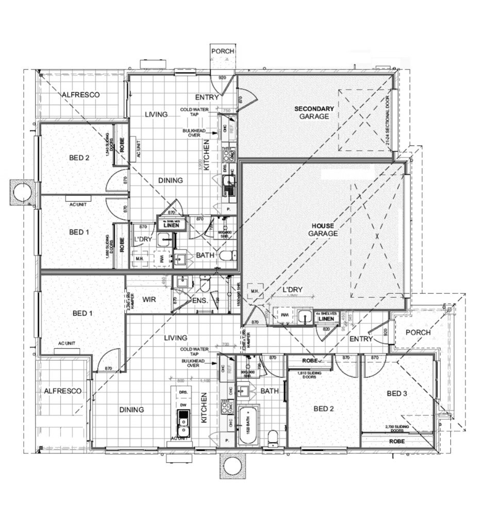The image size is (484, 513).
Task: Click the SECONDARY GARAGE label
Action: click(x=314, y=113)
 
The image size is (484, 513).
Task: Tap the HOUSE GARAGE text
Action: click(x=323, y=230)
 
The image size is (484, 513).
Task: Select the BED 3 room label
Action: click(x=397, y=394)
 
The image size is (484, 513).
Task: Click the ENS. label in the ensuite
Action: click(x=200, y=300)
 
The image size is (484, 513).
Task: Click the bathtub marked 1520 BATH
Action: click(x=248, y=426)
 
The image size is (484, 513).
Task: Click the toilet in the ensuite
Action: click(x=205, y=284)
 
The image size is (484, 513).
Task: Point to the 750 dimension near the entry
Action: click(x=225, y=110)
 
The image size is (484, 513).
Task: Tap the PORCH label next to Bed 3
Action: click(x=418, y=332)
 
